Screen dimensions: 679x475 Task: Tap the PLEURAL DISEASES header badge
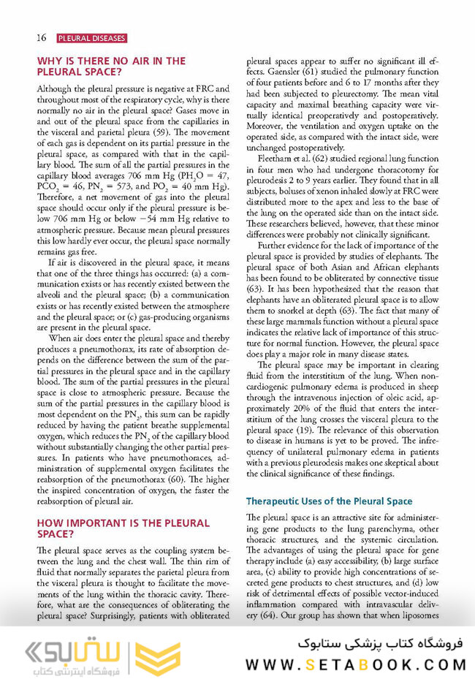click(91, 37)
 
